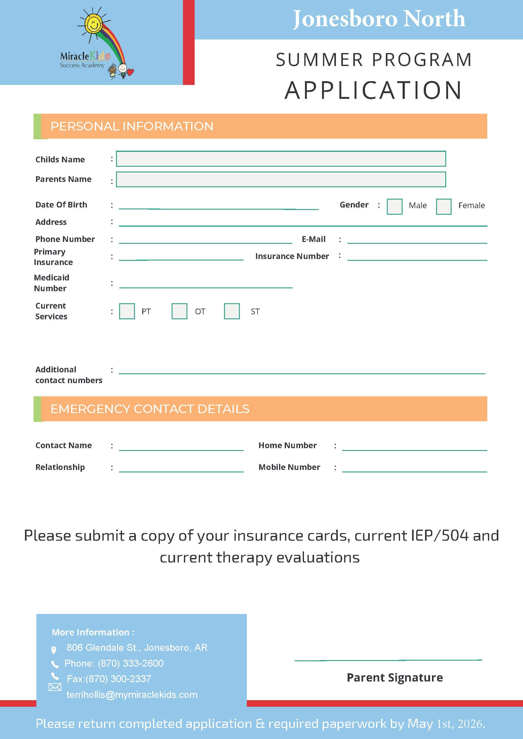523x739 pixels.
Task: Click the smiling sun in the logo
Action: click(x=94, y=23)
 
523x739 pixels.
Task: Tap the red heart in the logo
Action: click(x=131, y=72)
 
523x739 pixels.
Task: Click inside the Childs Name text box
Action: click(x=281, y=159)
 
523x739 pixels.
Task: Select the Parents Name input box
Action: click(x=281, y=179)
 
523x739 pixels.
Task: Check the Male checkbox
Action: click(x=394, y=206)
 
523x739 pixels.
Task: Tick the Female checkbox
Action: click(x=443, y=206)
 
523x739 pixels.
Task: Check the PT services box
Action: click(x=127, y=311)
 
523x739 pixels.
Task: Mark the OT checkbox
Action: click(x=179, y=311)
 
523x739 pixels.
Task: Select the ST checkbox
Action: click(x=232, y=311)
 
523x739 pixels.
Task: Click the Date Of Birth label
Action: click(x=61, y=205)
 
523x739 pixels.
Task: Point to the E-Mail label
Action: click(x=313, y=239)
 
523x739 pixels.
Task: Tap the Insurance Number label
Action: click(x=292, y=256)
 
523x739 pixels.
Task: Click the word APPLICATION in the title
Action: click(x=374, y=90)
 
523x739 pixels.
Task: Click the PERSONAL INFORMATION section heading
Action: click(x=132, y=127)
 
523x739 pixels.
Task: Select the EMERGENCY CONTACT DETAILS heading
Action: click(x=150, y=409)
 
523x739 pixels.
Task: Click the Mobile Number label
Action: click(x=289, y=467)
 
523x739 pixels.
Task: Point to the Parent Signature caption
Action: click(x=394, y=677)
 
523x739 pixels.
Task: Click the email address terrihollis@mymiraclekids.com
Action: click(x=132, y=694)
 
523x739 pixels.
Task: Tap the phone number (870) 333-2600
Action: click(x=131, y=663)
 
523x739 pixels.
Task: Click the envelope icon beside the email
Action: click(x=55, y=687)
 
